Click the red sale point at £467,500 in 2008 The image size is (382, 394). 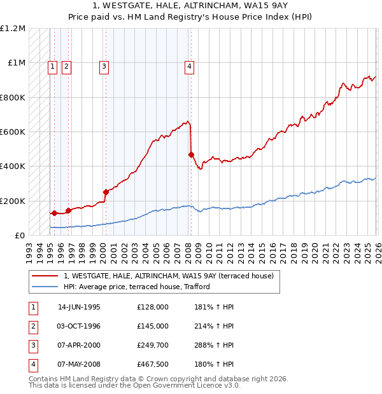coord(191,154)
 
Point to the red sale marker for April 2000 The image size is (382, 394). coord(106,192)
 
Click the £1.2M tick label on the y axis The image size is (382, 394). coord(13,29)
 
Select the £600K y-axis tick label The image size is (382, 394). coord(13,132)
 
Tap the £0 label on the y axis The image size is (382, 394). coord(19,235)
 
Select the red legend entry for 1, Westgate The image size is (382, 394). coord(168,276)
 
